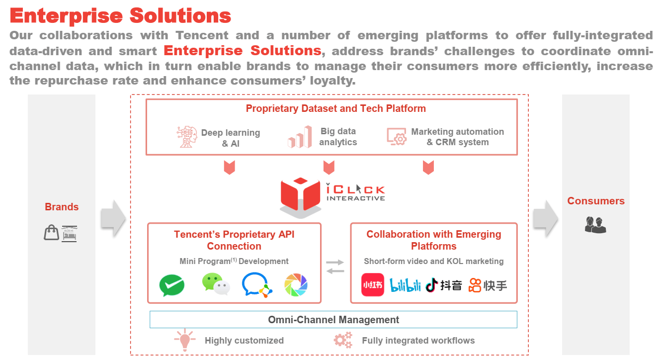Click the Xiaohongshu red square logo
point(372,285)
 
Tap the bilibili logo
point(406,285)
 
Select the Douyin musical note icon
point(431,285)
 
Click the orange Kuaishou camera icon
point(475,285)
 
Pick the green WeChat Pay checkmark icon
point(171,286)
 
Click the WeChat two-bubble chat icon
point(216,285)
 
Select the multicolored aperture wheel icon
point(296,285)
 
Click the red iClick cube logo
point(300,196)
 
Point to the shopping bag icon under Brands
point(51,232)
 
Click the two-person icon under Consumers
point(595,225)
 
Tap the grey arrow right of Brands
point(113,218)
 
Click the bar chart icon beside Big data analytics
point(300,137)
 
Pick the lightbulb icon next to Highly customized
point(184,340)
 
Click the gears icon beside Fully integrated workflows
point(343,340)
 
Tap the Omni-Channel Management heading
point(333,320)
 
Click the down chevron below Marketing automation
point(428,168)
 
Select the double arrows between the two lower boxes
point(335,266)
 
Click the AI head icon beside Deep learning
point(187,137)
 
